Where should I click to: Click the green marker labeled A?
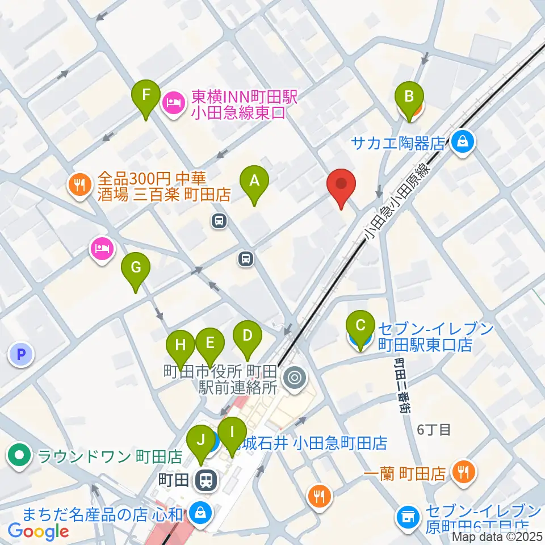(x=254, y=182)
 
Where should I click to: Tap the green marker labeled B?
(x=409, y=97)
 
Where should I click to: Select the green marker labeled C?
(x=360, y=326)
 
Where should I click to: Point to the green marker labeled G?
(x=136, y=267)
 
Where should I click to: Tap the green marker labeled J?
(x=200, y=440)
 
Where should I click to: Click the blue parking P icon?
(x=21, y=355)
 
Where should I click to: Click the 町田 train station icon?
(x=205, y=481)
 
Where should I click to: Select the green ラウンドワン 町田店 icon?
(x=20, y=455)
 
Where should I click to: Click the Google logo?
(x=39, y=531)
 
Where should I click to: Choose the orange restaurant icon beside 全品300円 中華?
(x=79, y=184)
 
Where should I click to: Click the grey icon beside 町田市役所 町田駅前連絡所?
(x=295, y=376)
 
